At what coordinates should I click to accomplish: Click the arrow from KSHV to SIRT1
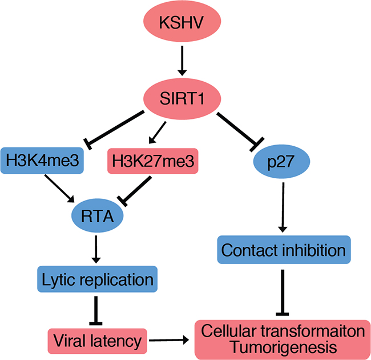[x=182, y=61]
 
